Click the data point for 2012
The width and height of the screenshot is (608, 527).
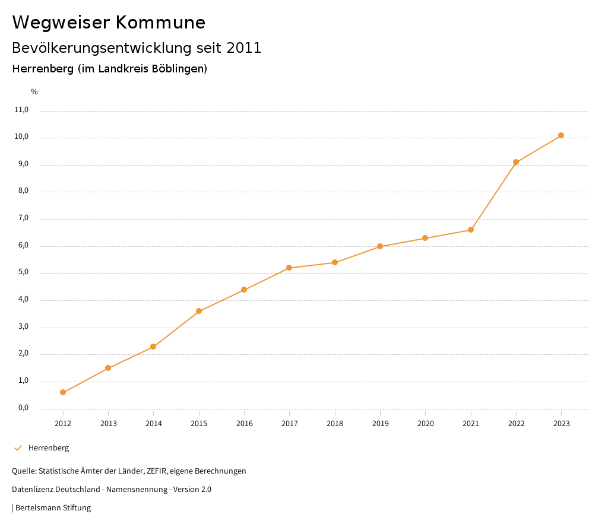[63, 392]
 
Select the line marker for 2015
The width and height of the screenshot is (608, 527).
[199, 311]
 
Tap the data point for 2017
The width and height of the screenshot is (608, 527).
[289, 268]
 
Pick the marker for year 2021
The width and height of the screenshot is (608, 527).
[471, 230]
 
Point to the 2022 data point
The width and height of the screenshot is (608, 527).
[516, 162]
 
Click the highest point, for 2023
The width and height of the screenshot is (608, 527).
[561, 135]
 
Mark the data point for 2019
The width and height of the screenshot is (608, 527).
[380, 246]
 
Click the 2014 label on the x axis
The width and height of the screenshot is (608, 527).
[153, 424]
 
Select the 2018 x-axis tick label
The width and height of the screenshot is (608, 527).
[335, 424]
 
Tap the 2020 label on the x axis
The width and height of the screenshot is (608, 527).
[426, 424]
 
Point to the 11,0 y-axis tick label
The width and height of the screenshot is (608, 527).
[21, 110]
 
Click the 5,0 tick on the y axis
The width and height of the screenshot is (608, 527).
[23, 273]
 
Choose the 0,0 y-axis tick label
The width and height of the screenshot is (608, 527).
[23, 408]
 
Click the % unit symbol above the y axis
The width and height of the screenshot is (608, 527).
[34, 92]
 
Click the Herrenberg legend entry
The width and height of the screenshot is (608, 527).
[49, 448]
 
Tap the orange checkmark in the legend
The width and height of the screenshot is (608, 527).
[18, 448]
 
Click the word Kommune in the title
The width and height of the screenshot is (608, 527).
[160, 23]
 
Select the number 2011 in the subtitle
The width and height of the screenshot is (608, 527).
[244, 48]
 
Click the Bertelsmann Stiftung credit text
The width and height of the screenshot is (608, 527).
[53, 508]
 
